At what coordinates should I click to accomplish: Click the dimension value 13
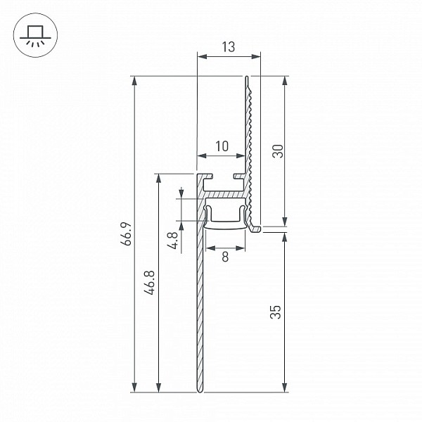click(x=229, y=47)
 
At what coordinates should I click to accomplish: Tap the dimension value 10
click(x=222, y=146)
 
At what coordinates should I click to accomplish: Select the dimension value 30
click(x=278, y=151)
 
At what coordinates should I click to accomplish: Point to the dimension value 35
click(x=275, y=312)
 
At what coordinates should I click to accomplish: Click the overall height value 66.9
click(x=126, y=234)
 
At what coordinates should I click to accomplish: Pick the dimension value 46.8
click(x=149, y=283)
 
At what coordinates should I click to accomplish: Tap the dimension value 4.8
click(x=172, y=241)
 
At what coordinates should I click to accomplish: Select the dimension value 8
click(x=225, y=257)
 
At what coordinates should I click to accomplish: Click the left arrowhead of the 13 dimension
click(x=202, y=56)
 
